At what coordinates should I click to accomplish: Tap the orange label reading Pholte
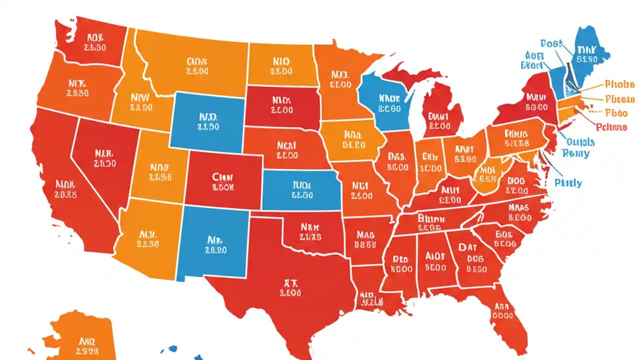point(619,84)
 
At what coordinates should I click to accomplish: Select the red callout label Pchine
point(611,127)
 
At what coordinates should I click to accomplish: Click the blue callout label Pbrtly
point(568,182)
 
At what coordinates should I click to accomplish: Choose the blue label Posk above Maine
point(551,44)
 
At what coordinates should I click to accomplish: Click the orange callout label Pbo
point(616,112)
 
